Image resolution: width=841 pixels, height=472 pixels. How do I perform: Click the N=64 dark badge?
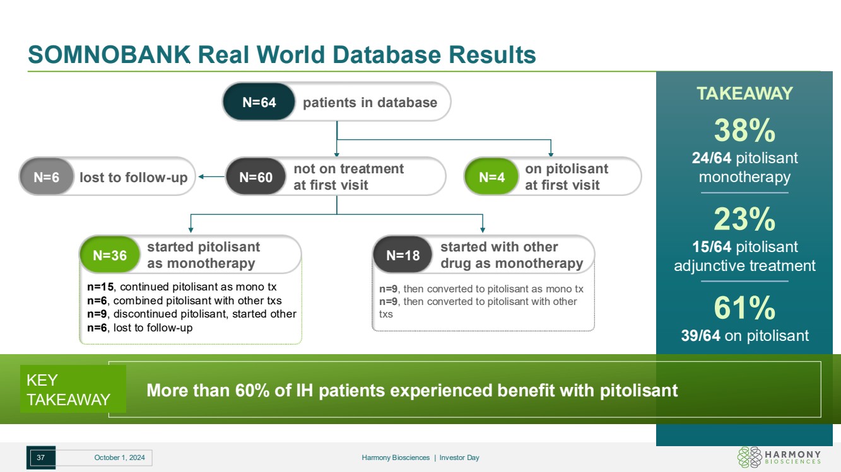[x=259, y=102]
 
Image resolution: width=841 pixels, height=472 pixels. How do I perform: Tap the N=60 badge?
[x=256, y=177]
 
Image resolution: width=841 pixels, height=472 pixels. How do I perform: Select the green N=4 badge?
[x=491, y=177]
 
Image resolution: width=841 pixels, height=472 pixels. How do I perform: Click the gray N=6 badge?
[x=46, y=177]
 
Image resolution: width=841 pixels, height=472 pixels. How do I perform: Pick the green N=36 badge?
[x=110, y=255]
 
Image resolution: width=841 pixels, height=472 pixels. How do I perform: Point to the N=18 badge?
[x=403, y=255]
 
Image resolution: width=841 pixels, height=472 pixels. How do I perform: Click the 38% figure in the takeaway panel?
[x=744, y=131]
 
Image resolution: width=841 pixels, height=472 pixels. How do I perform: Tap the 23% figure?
[x=744, y=219]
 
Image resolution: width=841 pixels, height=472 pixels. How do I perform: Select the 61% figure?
[x=744, y=308]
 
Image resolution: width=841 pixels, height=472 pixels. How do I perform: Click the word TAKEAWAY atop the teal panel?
[x=744, y=94]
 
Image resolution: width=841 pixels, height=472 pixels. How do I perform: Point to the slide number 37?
[x=40, y=458]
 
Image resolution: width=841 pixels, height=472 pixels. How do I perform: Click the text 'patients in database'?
[x=370, y=102]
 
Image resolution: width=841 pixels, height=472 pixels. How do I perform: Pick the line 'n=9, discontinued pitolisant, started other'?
[x=192, y=314]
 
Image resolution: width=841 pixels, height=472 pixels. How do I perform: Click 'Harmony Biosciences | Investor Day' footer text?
[x=420, y=458]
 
